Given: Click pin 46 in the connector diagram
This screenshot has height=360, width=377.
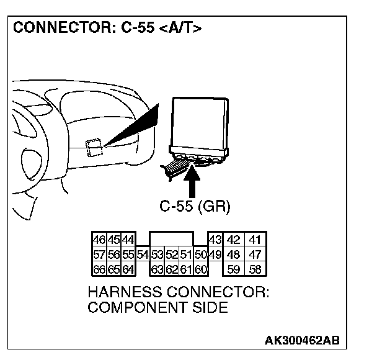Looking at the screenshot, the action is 98,240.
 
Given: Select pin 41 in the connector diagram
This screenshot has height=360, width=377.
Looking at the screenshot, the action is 254,240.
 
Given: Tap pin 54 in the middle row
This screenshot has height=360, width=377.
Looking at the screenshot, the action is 143,254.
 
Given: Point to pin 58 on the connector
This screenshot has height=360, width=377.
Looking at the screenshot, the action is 254,269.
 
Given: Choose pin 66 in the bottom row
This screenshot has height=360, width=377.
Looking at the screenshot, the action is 98,269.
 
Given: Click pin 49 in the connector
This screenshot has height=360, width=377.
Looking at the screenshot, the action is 215,254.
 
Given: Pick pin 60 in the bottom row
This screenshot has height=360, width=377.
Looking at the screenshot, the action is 200,269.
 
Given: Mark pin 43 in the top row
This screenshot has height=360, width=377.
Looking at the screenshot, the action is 215,240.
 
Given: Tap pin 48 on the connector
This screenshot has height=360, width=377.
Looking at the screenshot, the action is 233,254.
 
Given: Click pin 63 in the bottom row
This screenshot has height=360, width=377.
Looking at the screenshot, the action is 157,269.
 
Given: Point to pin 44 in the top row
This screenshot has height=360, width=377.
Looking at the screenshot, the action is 128,240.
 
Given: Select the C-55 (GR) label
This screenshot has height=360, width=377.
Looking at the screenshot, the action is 194,207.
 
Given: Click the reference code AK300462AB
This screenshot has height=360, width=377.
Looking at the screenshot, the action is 302,340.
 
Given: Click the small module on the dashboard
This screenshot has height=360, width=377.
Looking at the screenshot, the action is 94,147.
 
